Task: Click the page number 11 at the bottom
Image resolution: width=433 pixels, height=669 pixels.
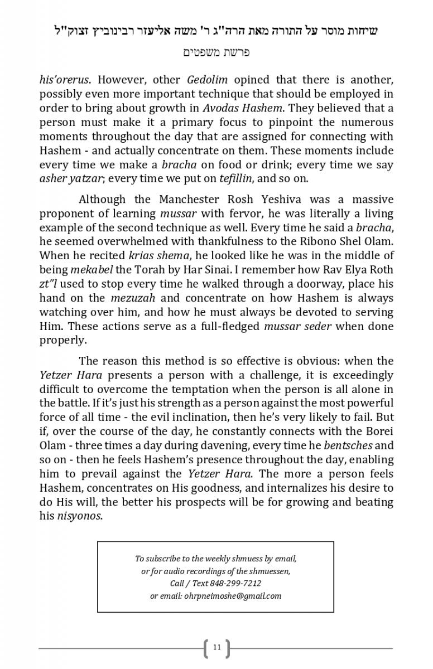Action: point(216,647)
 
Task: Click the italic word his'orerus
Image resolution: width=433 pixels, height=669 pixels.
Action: point(64,80)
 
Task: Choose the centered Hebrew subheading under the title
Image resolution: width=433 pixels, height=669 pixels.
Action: point(216,52)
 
